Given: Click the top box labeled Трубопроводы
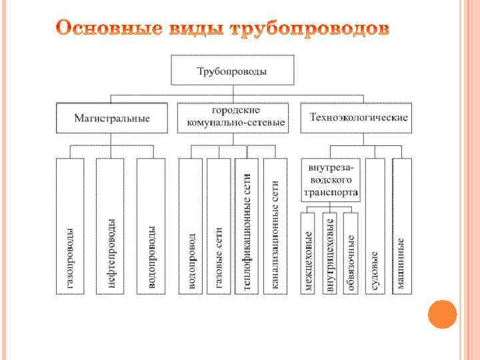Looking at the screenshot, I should (231, 71).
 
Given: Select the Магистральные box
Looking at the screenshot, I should (111, 118).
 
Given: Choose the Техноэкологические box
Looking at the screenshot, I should (358, 118).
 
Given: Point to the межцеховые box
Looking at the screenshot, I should (309, 253).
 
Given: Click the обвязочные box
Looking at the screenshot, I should (351, 253).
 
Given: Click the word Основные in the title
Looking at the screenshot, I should (107, 30).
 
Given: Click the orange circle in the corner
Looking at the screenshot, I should (442, 314).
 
